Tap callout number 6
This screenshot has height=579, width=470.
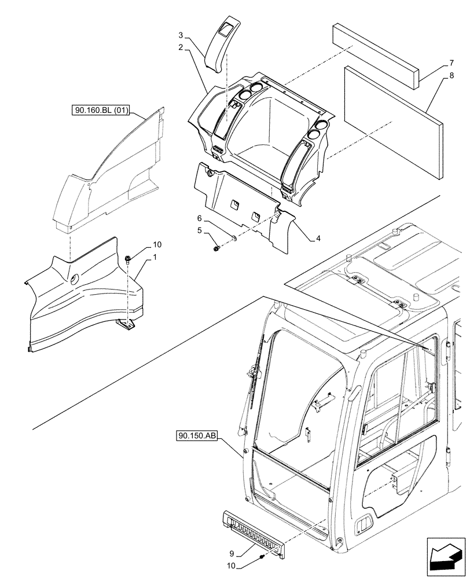(199, 218)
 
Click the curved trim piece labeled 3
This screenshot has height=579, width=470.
(223, 43)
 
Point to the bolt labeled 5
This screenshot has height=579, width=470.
(217, 248)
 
